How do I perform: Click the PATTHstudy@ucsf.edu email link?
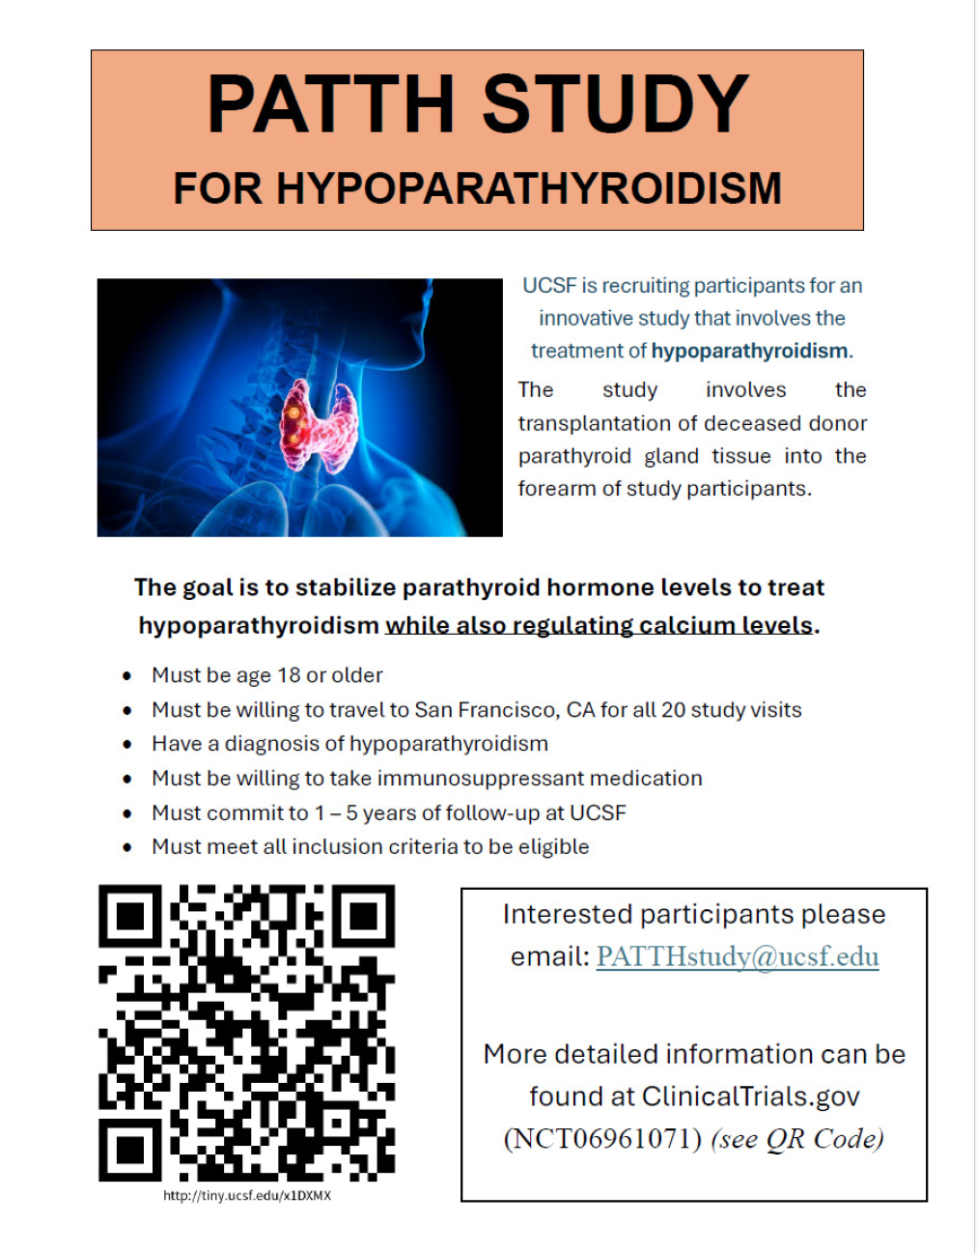738,956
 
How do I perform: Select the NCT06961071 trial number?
602,1139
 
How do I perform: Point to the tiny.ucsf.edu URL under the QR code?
247,1196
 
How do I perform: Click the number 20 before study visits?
673,710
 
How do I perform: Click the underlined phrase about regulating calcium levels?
599,626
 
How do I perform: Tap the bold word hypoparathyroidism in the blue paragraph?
749,351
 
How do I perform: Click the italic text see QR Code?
797,1139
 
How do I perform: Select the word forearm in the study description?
555,489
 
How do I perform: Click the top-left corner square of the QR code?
129,916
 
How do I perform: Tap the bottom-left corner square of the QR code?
129,1150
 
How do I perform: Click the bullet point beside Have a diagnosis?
127,745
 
